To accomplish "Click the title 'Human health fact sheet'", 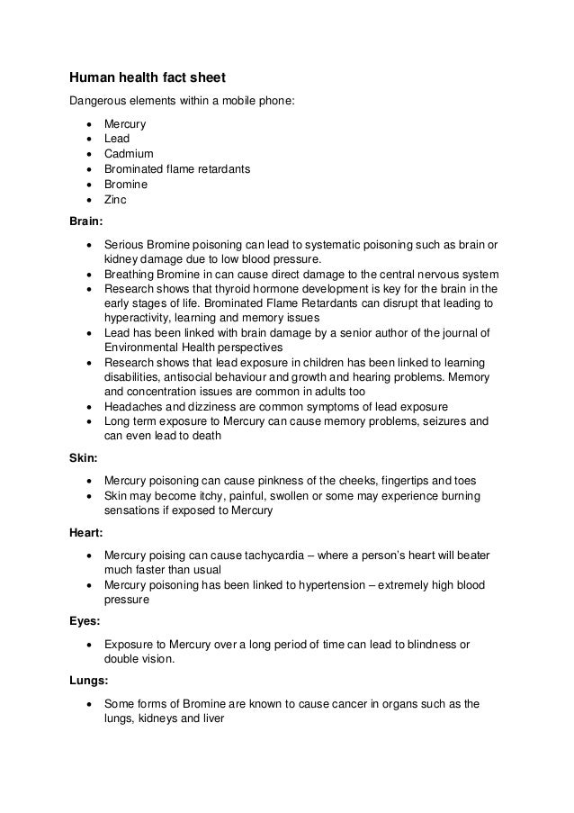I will [141, 79].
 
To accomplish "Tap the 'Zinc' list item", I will [116, 200].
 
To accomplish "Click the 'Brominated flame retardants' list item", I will [176, 169].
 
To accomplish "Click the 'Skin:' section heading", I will [85, 458].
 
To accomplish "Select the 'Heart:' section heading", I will [87, 533].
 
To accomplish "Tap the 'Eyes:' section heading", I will [86, 620].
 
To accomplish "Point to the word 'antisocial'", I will [198, 377].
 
